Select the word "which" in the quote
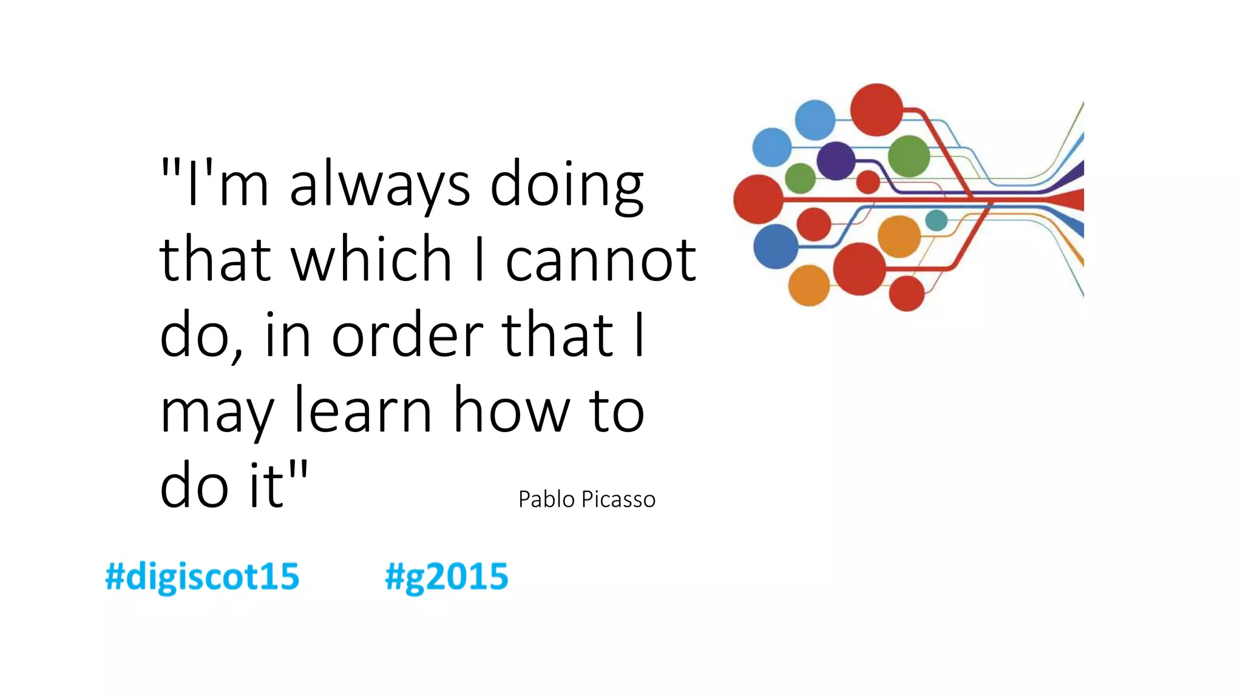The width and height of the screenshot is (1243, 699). (x=371, y=260)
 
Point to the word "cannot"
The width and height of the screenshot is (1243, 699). (x=600, y=260)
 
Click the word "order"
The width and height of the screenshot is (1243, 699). (x=407, y=336)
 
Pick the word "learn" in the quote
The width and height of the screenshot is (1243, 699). (x=363, y=411)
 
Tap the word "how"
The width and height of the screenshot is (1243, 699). (x=512, y=411)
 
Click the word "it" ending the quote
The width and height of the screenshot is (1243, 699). (x=266, y=486)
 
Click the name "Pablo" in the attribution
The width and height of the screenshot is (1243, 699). (x=546, y=499)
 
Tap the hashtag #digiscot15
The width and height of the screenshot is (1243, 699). (x=202, y=576)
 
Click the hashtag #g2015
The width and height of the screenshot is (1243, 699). (x=447, y=576)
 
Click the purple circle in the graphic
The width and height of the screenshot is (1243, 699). (x=836, y=161)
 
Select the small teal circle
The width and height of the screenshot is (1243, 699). (x=936, y=220)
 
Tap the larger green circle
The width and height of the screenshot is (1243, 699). (x=909, y=156)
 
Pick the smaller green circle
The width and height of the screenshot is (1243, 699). (x=800, y=178)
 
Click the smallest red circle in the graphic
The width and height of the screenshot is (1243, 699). (x=868, y=182)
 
